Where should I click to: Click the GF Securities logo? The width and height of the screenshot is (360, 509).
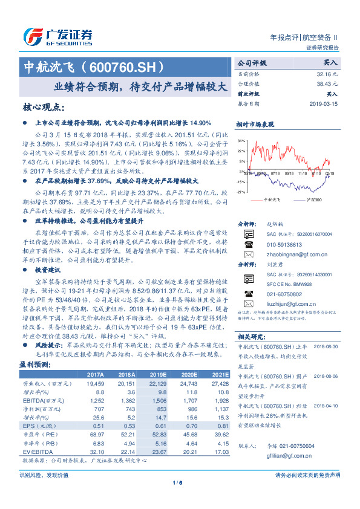click(x=57, y=36)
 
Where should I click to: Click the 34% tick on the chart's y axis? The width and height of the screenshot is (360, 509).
click(x=242, y=140)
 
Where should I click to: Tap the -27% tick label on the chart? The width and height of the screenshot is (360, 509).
click(x=242, y=192)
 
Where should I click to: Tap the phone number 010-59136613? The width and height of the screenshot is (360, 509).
click(x=284, y=245)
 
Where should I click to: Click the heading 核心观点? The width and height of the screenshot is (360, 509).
click(x=44, y=107)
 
